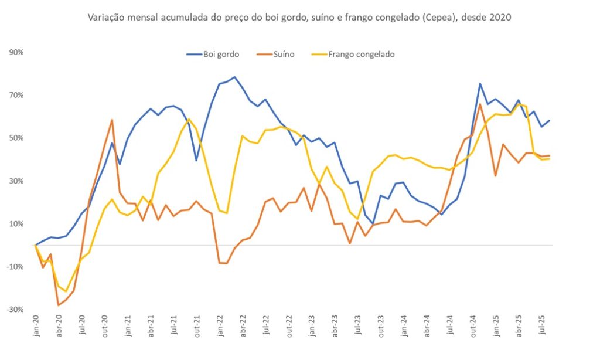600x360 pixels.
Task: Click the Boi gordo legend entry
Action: point(213,55)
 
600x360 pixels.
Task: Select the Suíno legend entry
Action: point(275,55)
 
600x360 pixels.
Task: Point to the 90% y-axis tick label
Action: point(16,52)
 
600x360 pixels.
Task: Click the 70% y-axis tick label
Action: point(16,95)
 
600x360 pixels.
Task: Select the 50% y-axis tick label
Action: point(16,138)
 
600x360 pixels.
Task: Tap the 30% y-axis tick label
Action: point(16,181)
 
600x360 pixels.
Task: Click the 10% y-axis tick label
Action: point(16,224)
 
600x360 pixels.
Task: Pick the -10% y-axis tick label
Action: point(15,267)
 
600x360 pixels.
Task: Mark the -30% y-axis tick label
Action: point(15,310)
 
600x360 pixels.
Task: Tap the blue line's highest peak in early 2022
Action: point(234,77)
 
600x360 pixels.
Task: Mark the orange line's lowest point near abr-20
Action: point(59,305)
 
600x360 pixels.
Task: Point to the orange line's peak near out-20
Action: point(112,120)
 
